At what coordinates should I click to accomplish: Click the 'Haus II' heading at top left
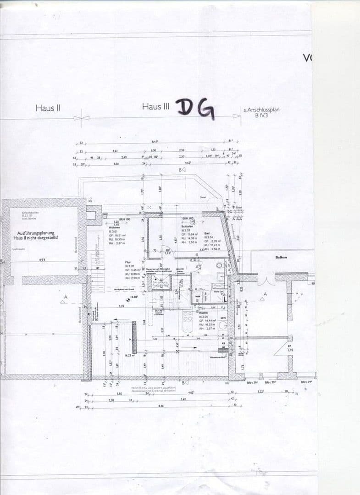(48, 108)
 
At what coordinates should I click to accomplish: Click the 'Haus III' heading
(155, 106)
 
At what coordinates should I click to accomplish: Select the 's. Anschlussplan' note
(261, 110)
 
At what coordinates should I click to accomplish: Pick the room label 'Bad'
(207, 233)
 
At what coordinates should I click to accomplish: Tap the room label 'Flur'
(128, 262)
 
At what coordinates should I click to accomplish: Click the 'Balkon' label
(281, 258)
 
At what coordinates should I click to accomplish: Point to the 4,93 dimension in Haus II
(42, 260)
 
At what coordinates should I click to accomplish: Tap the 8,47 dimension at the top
(155, 142)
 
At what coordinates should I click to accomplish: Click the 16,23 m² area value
(129, 355)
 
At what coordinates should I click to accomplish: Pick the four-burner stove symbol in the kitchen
(187, 316)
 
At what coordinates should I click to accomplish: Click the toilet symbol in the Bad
(220, 265)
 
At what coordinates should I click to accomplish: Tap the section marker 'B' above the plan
(182, 170)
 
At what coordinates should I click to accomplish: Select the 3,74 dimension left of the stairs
(121, 306)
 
